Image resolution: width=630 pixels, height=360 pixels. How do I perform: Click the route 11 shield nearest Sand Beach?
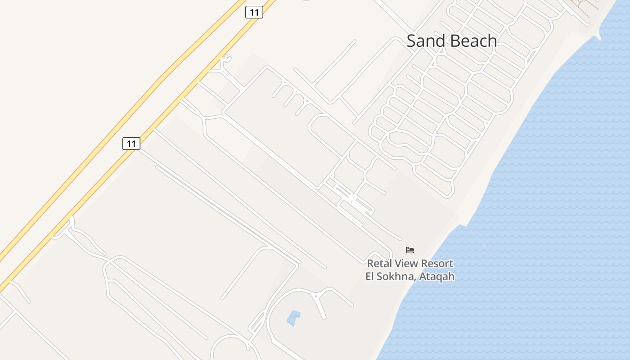254,12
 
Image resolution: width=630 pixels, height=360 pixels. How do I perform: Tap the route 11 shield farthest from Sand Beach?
131,144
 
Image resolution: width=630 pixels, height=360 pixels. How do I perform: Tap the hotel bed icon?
409,250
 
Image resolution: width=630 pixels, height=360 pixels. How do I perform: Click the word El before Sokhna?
370,276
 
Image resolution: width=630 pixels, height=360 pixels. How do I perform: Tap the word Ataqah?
436,276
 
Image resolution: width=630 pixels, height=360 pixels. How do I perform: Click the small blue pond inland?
293,318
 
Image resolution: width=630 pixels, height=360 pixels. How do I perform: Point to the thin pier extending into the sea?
474,236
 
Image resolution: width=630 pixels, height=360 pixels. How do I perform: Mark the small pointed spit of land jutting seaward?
599,37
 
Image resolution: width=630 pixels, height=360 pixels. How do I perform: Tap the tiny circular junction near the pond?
316,296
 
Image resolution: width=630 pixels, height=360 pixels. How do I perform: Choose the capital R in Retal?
370,264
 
